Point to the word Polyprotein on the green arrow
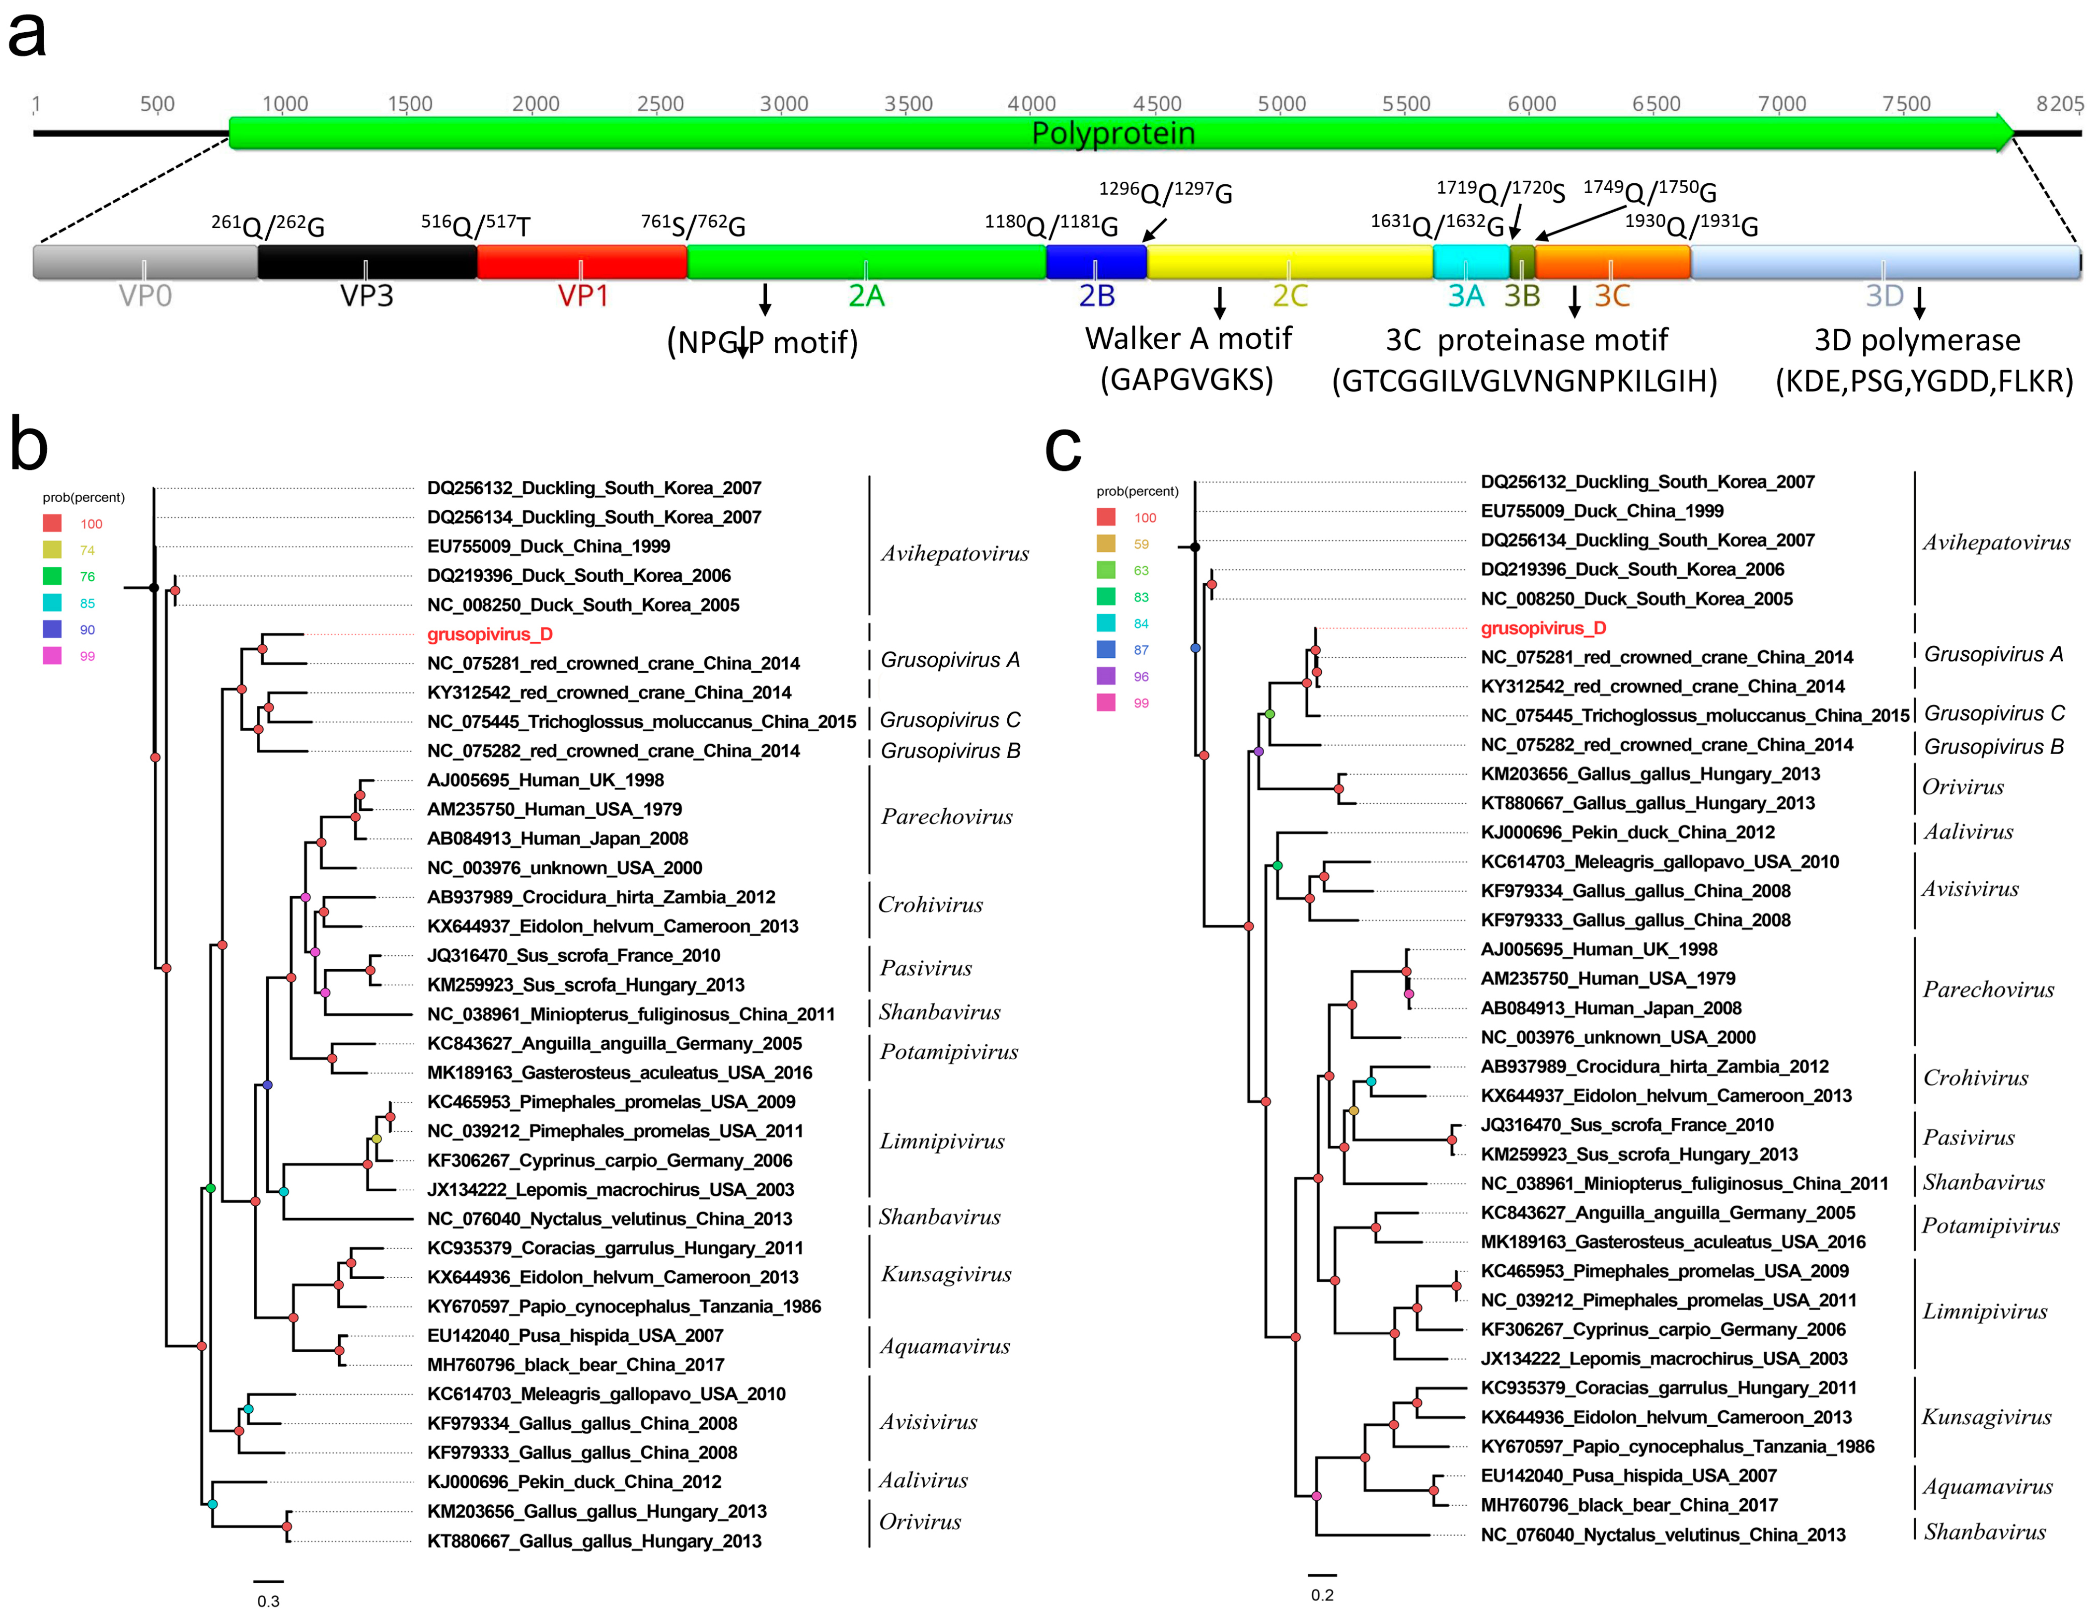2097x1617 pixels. click(x=1113, y=134)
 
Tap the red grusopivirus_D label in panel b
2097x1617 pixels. click(x=490, y=634)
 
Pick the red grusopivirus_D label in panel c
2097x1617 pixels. click(x=1543, y=628)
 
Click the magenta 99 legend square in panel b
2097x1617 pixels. click(x=52, y=656)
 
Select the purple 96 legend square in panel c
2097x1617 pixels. click(x=1106, y=676)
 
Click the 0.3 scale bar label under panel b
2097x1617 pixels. click(x=268, y=1601)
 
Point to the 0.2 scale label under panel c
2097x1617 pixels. click(x=1322, y=1595)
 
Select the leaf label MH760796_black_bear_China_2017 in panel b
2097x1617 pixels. click(x=575, y=1365)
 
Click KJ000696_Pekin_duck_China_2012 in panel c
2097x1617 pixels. click(x=1628, y=833)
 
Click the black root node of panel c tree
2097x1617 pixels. click(x=1196, y=547)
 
